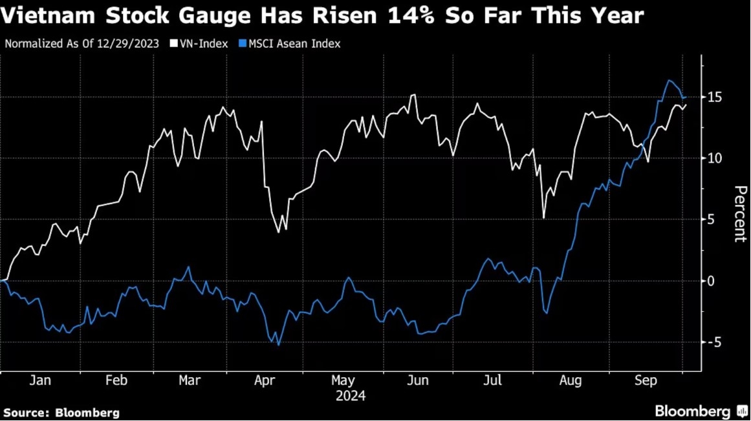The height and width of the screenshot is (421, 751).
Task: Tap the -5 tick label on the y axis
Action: [x=714, y=342]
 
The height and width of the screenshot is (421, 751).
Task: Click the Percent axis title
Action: [x=739, y=214]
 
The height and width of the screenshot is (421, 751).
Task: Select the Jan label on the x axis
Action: [x=40, y=381]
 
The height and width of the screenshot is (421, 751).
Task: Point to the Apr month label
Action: [x=266, y=381]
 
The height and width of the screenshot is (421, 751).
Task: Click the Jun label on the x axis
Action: [x=418, y=381]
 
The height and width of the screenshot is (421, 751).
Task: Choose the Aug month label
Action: [x=570, y=381]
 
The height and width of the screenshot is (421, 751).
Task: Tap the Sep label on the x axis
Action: [x=646, y=381]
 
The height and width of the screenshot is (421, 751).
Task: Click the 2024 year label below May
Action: [x=350, y=396]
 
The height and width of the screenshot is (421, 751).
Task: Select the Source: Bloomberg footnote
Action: [x=61, y=413]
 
